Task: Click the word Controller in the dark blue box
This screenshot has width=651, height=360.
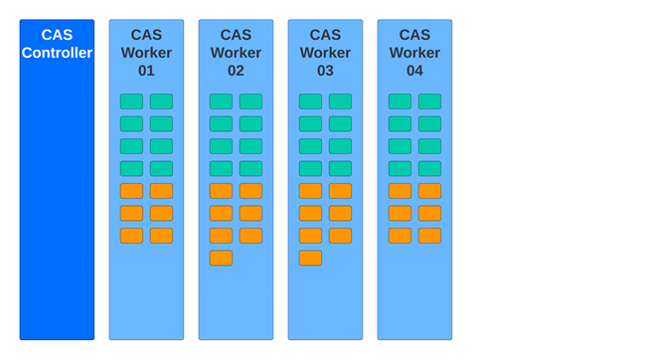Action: (57, 53)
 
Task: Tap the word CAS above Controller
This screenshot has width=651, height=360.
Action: (57, 35)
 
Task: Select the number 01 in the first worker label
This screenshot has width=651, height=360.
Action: (146, 71)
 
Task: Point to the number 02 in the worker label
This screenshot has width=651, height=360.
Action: (236, 71)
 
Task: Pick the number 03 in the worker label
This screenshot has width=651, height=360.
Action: (325, 71)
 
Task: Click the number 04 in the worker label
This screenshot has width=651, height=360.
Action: (414, 71)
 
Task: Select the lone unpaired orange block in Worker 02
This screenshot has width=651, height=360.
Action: (221, 258)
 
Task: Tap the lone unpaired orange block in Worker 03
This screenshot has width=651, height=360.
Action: (310, 258)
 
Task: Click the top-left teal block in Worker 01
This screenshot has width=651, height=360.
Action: (131, 101)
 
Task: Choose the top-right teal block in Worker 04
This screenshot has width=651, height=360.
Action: (429, 101)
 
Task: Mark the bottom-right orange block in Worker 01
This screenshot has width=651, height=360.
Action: (161, 236)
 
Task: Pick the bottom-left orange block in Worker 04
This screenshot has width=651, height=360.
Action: (400, 236)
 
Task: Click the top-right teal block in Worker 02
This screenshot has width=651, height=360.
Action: (250, 101)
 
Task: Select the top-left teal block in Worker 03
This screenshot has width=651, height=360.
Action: (310, 101)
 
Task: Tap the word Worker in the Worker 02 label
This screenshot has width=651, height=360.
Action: (236, 53)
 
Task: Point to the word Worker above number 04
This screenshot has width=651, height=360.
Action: (414, 53)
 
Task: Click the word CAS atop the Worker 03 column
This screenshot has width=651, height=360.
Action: (325, 35)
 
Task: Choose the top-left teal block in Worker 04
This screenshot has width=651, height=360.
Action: (400, 101)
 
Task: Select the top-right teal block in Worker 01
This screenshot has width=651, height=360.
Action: (161, 101)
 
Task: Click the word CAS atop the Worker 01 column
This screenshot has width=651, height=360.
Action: (146, 35)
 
